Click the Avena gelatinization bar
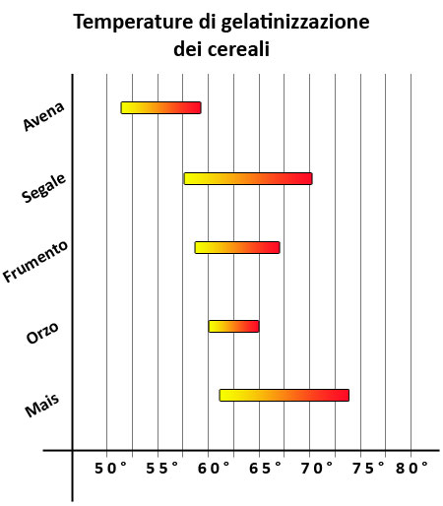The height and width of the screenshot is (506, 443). coord(160,107)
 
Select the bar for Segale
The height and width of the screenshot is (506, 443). coord(248,178)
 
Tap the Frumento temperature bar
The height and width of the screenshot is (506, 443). coord(237,247)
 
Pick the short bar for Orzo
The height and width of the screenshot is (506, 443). coord(233,326)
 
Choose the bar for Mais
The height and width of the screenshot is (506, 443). coord(284,395)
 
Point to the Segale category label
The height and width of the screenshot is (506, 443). coord(43,184)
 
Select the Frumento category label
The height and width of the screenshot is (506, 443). coord(35,261)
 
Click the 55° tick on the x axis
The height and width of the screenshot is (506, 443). coord(163,469)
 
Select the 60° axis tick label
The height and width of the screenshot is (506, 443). coord(214,469)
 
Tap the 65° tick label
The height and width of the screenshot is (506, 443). coord(265,469)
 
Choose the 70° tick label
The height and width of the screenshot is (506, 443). coord(316,469)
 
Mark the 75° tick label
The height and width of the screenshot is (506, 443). coord(367,469)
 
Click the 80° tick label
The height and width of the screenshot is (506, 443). coord(412,469)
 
